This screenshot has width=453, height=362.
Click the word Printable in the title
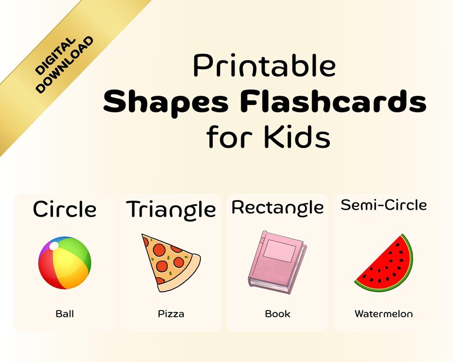[264, 66]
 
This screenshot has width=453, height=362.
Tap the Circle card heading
[64, 209]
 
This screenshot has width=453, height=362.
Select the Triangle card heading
[171, 210]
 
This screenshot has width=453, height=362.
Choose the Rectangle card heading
[277, 208]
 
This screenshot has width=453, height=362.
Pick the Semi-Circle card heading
[383, 205]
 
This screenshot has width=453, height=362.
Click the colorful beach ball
[64, 263]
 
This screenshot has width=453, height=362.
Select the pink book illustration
[277, 262]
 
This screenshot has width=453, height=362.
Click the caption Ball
[64, 314]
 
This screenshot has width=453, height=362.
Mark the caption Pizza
[171, 314]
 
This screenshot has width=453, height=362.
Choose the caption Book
[277, 314]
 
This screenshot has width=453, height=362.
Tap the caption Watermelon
[383, 314]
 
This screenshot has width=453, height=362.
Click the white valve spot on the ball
[54, 246]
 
